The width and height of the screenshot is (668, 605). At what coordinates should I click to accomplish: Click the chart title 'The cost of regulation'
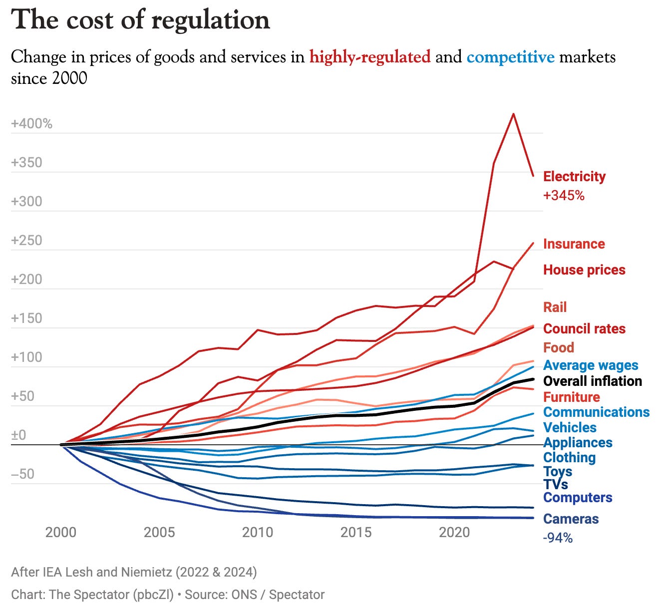[140, 20]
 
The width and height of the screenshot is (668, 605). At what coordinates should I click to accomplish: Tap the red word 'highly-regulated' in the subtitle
[370, 57]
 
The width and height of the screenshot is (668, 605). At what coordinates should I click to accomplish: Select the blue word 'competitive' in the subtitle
[510, 57]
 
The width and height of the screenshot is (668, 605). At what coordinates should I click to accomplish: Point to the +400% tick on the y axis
[31, 124]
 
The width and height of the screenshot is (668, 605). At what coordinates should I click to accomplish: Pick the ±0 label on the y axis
[18, 435]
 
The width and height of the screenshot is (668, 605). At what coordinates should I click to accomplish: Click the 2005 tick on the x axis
[159, 532]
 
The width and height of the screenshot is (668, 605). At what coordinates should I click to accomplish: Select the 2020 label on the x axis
[454, 532]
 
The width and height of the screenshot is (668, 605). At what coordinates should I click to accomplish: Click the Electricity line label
[574, 176]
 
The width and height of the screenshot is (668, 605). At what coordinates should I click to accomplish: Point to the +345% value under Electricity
[564, 195]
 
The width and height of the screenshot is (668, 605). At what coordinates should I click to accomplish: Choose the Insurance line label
[574, 244]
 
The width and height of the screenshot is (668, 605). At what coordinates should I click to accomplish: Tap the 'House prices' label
[584, 270]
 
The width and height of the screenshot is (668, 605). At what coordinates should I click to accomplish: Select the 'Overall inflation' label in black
[592, 381]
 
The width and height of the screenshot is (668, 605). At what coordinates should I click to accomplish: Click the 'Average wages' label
[591, 365]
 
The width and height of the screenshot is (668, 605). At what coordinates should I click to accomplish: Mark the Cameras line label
[571, 519]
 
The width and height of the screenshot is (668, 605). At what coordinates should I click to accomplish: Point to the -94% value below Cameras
[558, 538]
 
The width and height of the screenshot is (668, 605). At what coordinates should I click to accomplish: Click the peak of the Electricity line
[513, 114]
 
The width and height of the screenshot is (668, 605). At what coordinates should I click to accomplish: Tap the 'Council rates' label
[584, 328]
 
